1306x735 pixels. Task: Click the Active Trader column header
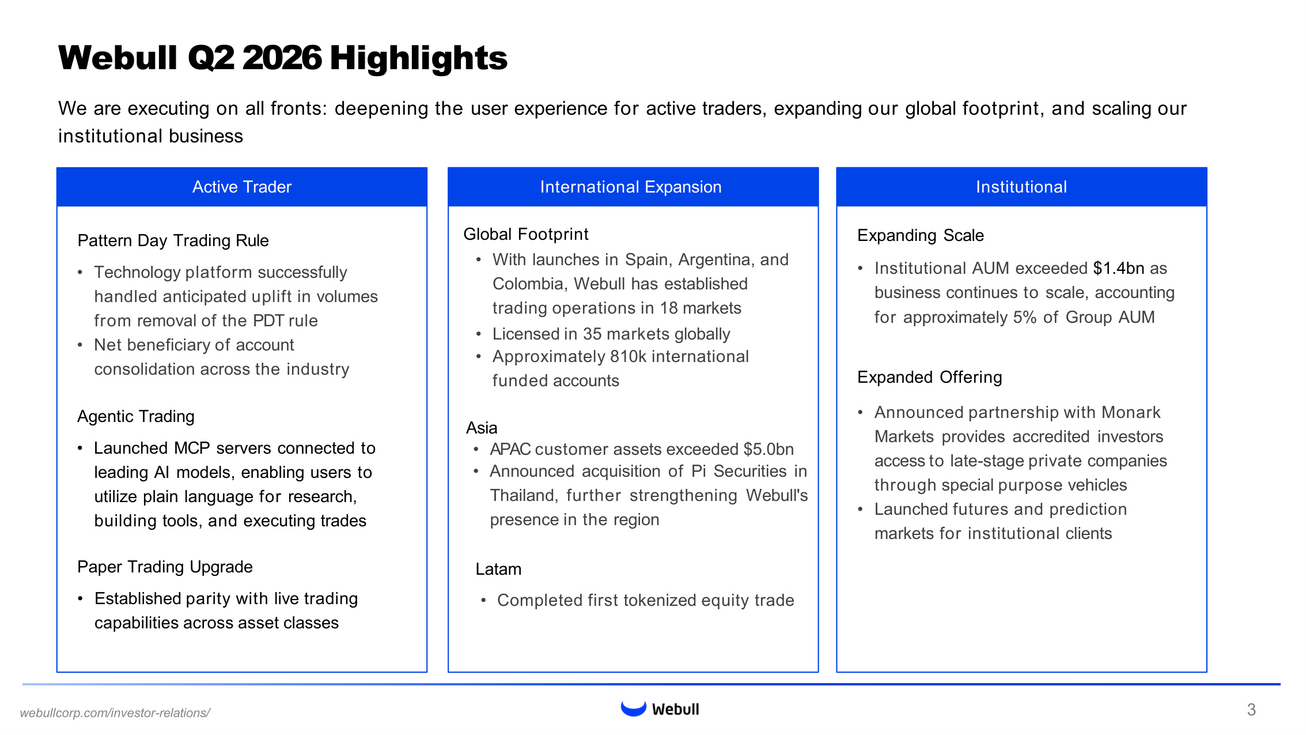(242, 187)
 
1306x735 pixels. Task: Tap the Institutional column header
(1021, 187)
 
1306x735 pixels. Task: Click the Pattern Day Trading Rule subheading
(173, 240)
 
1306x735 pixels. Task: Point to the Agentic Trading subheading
(136, 416)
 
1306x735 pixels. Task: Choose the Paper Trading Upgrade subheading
(165, 567)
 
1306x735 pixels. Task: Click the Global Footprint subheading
(525, 234)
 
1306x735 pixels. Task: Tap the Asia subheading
(482, 428)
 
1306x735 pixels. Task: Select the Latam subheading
(498, 569)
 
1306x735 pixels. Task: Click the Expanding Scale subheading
(920, 235)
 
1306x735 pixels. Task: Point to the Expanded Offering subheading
(929, 377)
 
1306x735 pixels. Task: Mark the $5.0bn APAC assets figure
(769, 449)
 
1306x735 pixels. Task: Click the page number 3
(1251, 710)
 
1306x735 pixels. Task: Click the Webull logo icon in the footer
(633, 708)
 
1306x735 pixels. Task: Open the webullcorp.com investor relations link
(115, 713)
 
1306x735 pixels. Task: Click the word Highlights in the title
(419, 58)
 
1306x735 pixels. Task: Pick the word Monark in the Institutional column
(1131, 412)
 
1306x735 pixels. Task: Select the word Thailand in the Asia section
(524, 495)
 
